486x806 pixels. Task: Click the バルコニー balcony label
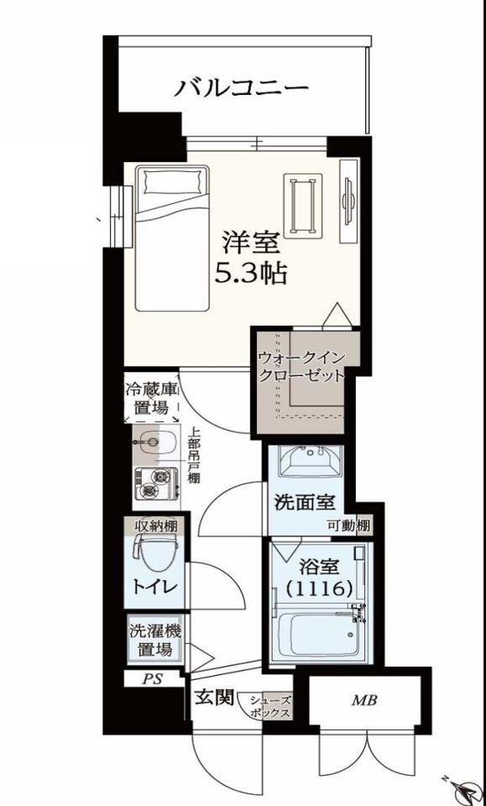coord(242,86)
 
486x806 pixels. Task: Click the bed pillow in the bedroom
coord(173,180)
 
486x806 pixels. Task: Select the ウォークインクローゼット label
coord(301,366)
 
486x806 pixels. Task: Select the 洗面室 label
coord(306,503)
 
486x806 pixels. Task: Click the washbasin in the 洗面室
coord(311,461)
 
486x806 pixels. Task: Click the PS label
coord(151,678)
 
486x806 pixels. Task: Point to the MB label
coord(363,699)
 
